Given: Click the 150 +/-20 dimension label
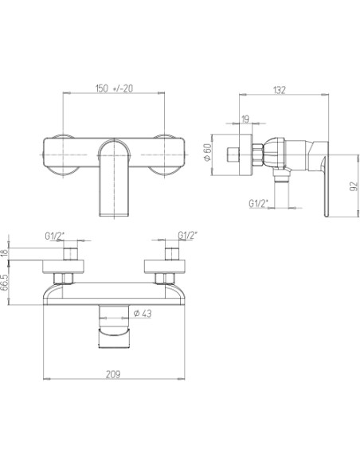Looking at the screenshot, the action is (x=114, y=88).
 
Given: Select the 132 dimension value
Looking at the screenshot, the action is (x=280, y=90).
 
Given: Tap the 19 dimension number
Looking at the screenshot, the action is (x=245, y=119).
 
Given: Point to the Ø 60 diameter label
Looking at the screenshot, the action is (x=207, y=152).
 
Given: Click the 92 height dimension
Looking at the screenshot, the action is (x=354, y=186).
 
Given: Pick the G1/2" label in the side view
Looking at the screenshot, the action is (x=259, y=204).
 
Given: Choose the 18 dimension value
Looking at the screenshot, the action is (x=4, y=253).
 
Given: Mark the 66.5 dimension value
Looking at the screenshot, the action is (x=4, y=283).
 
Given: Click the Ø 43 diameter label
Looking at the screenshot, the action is (x=143, y=313).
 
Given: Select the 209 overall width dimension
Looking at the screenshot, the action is (x=113, y=374).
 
